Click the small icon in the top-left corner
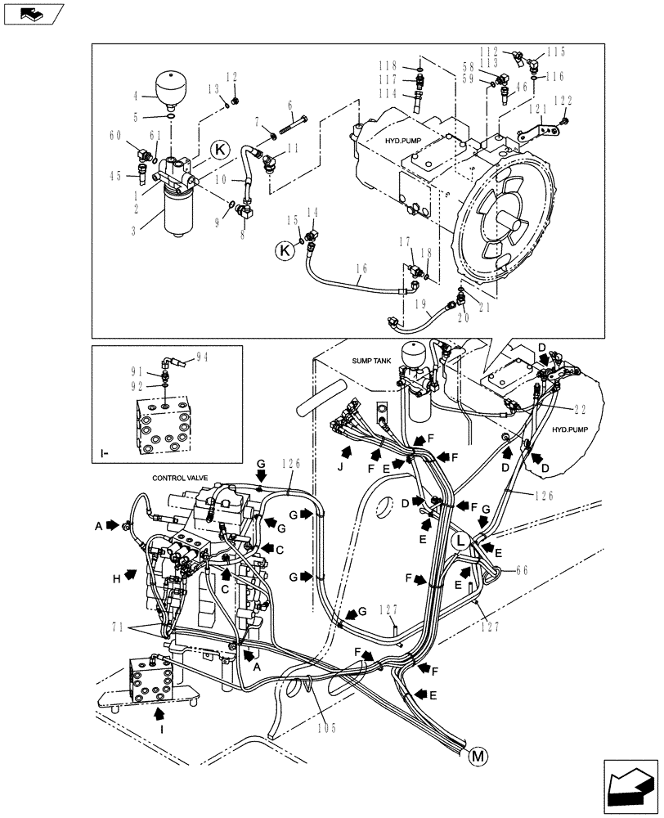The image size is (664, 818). [34, 13]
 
